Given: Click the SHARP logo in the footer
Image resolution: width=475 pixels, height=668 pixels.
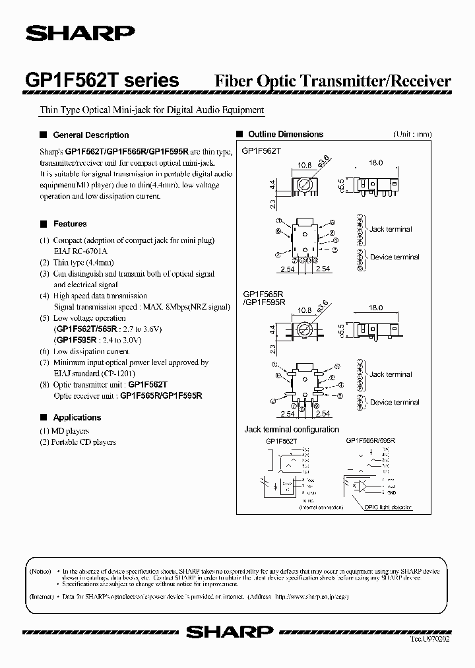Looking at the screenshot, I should [x=229, y=631].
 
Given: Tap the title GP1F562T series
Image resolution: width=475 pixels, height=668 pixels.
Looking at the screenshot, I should [x=102, y=81].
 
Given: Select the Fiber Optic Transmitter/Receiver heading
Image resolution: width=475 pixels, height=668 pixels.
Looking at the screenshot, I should [x=333, y=81].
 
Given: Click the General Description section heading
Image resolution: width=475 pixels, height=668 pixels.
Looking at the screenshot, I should [x=90, y=135].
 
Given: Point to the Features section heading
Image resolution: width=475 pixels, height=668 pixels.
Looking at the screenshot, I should [x=70, y=224].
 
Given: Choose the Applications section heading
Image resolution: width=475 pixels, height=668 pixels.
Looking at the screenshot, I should [x=77, y=417].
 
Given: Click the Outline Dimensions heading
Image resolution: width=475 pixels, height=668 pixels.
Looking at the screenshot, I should [x=285, y=134].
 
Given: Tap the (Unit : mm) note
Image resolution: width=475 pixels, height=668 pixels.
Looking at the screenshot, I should [x=412, y=134].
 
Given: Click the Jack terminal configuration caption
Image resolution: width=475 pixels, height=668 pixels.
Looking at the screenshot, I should [x=292, y=430].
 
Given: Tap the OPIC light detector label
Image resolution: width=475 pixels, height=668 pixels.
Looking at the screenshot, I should [x=387, y=507].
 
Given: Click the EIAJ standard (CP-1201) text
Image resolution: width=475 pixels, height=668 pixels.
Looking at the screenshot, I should [x=92, y=373].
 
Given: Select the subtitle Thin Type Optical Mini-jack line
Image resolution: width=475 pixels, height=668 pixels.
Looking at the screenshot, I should [x=152, y=110].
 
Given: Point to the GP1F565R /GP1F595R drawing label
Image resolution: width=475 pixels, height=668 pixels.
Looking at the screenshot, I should [x=264, y=298].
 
